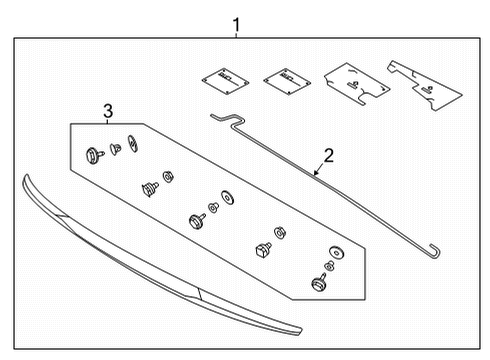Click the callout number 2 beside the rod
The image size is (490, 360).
point(327,155)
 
